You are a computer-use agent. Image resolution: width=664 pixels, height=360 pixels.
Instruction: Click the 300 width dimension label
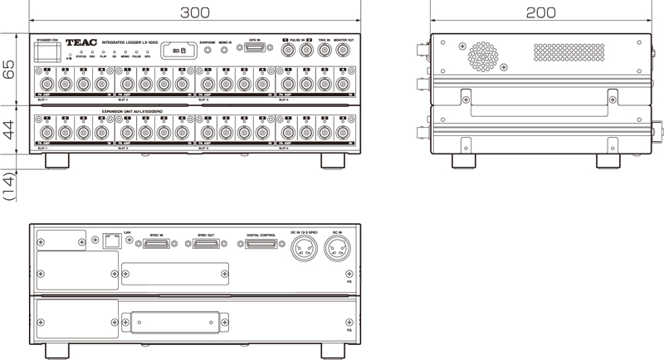click(195, 12)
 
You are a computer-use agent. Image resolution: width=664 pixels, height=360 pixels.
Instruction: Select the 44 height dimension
click(9, 131)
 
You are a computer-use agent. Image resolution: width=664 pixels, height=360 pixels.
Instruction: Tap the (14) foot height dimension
click(9, 184)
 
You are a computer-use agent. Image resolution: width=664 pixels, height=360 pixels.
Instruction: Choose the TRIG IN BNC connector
click(325, 51)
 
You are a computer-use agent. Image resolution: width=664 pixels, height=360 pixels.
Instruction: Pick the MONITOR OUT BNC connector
click(345, 51)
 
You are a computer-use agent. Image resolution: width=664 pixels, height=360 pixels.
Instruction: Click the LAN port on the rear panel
click(110, 243)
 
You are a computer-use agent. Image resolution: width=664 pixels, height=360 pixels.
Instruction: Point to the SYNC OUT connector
click(207, 245)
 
